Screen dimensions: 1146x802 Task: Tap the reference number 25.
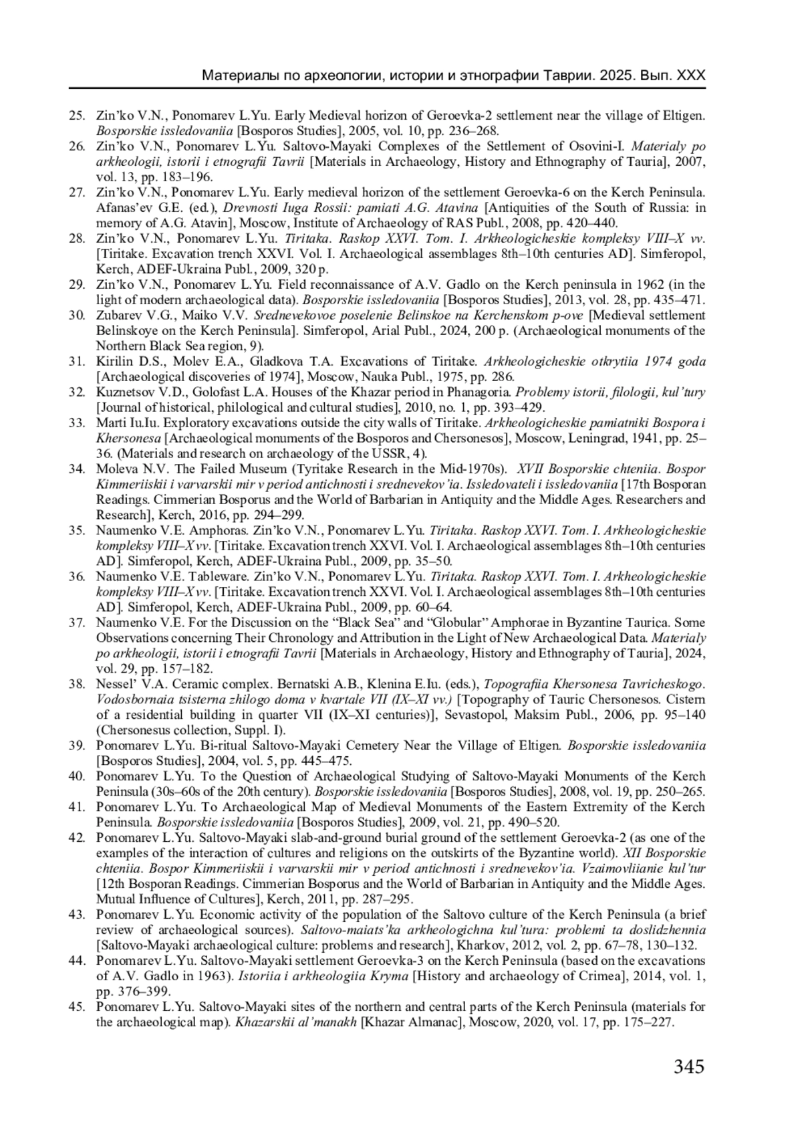[x=77, y=116]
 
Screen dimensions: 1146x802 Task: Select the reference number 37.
[x=77, y=622]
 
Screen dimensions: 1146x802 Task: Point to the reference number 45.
[x=77, y=1007]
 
